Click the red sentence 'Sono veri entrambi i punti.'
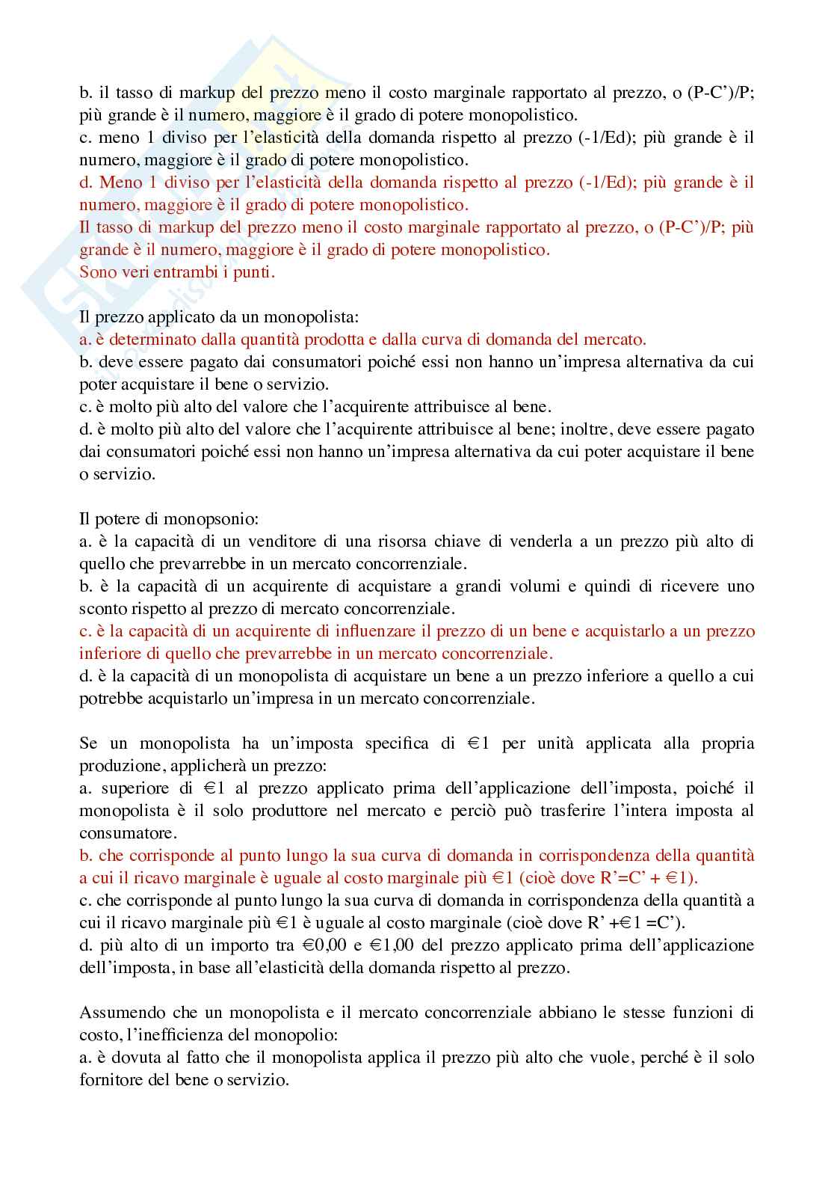[x=177, y=272]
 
